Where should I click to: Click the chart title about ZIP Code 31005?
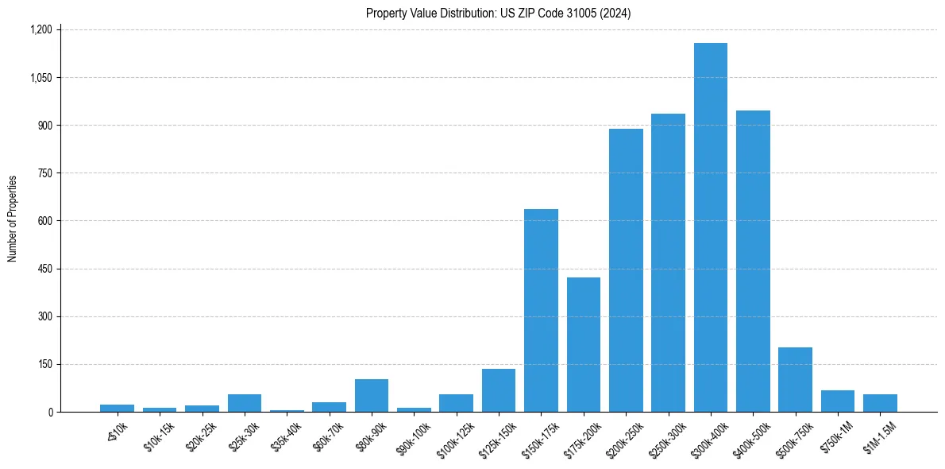(x=498, y=13)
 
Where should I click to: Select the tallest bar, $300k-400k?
(x=710, y=227)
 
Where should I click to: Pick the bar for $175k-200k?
(x=583, y=344)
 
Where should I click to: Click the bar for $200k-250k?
(x=626, y=270)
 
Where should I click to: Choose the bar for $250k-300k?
(x=668, y=262)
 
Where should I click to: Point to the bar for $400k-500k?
(x=753, y=261)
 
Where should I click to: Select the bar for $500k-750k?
(x=795, y=379)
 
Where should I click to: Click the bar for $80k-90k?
(x=371, y=395)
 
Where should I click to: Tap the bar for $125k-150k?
(x=498, y=390)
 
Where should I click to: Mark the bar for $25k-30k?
(x=244, y=403)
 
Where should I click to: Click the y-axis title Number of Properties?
(x=13, y=219)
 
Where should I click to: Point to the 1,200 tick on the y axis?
(x=40, y=29)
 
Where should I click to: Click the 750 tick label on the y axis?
(x=44, y=173)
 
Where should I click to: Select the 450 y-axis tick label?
(x=44, y=269)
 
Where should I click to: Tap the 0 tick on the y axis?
(x=49, y=412)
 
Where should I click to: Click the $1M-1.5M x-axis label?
(x=877, y=432)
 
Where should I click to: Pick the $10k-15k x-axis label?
(x=158, y=432)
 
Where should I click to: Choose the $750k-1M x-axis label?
(x=835, y=432)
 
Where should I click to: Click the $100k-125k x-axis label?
(x=453, y=435)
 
